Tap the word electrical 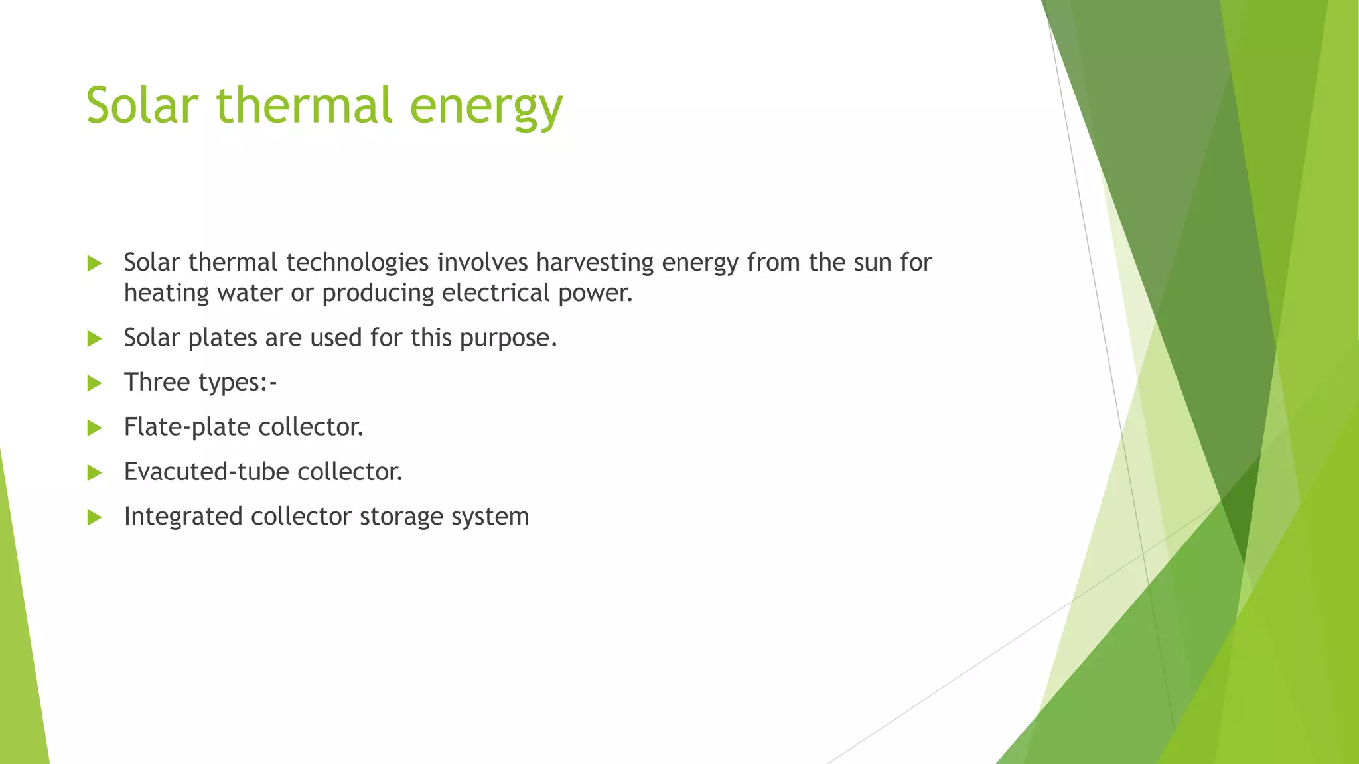coord(496,293)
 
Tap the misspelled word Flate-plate coord(186,427)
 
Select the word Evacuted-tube coord(206,472)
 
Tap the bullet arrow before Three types coord(95,383)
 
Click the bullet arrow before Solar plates coord(95,339)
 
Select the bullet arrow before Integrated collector coord(95,517)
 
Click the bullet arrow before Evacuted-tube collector coord(95,473)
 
